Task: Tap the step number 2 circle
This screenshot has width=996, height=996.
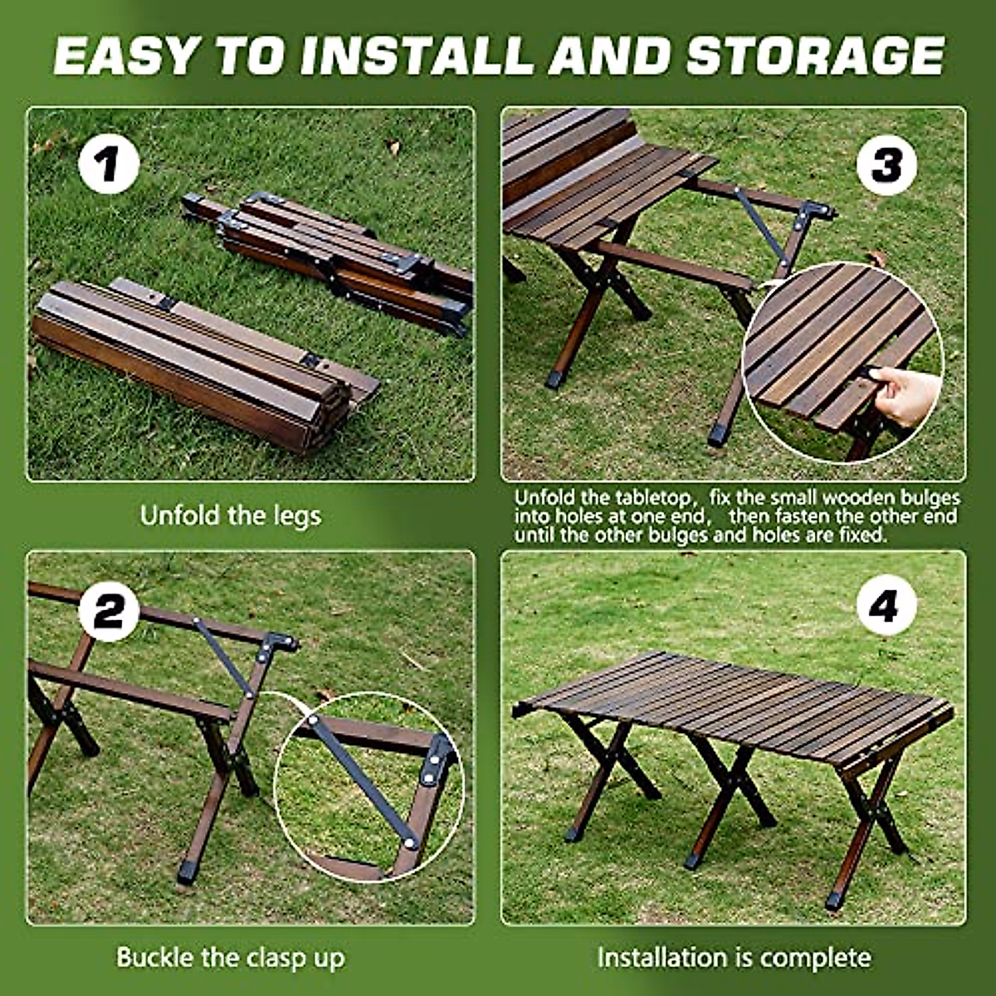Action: click(x=109, y=613)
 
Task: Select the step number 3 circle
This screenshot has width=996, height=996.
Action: click(x=886, y=166)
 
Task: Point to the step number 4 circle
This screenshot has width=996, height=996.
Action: click(x=886, y=607)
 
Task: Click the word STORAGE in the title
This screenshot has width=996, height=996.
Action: click(x=815, y=56)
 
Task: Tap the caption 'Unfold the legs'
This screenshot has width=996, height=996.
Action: click(x=230, y=515)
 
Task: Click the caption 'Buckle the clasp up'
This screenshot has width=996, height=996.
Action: click(x=230, y=957)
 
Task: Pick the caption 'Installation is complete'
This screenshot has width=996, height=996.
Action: click(x=734, y=957)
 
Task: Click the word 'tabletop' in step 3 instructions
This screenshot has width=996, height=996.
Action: click(x=652, y=498)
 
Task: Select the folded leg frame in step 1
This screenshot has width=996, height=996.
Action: click(x=332, y=253)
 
